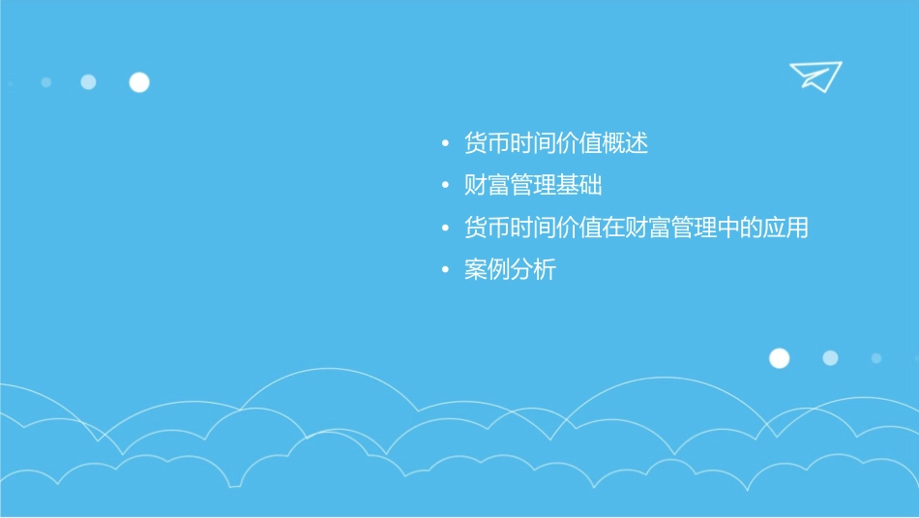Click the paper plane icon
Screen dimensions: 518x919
point(815,76)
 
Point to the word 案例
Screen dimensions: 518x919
point(487,270)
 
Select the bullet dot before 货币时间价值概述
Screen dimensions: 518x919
point(445,145)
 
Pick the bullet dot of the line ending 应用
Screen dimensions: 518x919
point(445,229)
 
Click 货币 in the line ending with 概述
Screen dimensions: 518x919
point(487,144)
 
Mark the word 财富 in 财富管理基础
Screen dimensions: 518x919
point(487,186)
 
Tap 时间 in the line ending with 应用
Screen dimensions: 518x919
point(533,229)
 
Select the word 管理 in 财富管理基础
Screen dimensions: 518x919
point(533,186)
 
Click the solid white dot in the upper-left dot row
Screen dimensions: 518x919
point(139,82)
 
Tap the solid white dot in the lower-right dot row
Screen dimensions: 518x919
point(779,358)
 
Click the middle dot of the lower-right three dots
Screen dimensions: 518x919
point(830,358)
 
